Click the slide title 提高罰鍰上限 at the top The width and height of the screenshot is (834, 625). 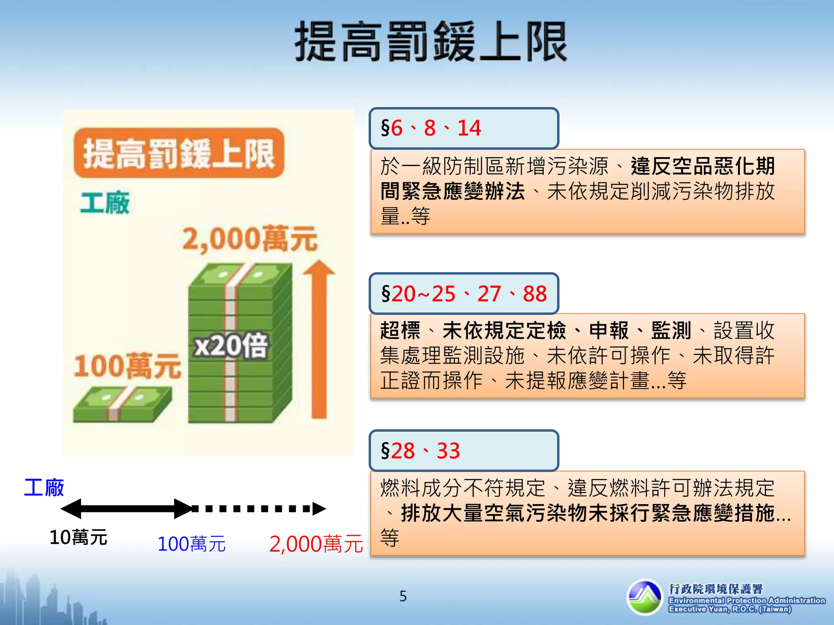pos(431,42)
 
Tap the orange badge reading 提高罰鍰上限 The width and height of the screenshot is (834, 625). pos(179,153)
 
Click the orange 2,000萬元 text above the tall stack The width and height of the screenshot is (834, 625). pos(249,238)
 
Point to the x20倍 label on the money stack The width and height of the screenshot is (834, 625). pos(230,346)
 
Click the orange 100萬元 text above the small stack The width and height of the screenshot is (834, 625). pos(127,366)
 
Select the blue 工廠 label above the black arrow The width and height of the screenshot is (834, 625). pos(44,487)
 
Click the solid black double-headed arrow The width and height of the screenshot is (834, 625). pos(126,509)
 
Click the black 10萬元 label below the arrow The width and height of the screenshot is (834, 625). pos(78,538)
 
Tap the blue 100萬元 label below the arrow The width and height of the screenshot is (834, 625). pos(191,544)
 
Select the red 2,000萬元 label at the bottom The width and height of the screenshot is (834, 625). pos(316,544)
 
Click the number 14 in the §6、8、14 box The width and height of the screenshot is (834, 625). pos(469,128)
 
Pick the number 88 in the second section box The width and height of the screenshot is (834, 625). pos(535,293)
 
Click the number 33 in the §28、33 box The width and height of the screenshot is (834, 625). pos(448,451)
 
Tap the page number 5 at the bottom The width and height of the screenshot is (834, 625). pos(403,596)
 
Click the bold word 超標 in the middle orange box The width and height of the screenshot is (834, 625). pos(400,330)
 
